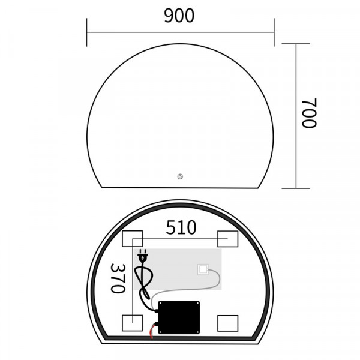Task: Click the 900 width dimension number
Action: [x=179, y=16]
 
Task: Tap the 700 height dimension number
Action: [x=308, y=115]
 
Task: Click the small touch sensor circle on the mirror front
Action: [x=179, y=176]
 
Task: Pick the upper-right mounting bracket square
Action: [x=229, y=238]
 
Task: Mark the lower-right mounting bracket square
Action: [x=229, y=323]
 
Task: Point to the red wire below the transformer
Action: [x=151, y=331]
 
